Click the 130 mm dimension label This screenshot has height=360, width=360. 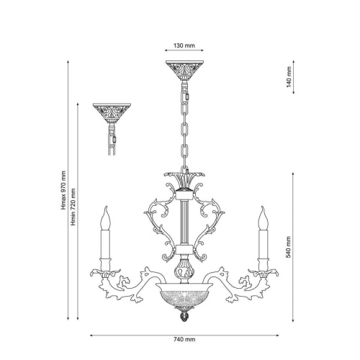[x=184, y=45]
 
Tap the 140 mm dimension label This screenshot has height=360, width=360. [x=289, y=77]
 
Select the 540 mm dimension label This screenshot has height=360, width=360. [x=289, y=247]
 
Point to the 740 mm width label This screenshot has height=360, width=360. [x=184, y=339]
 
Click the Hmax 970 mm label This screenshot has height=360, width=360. [x=63, y=190]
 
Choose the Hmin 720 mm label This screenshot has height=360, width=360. [x=73, y=207]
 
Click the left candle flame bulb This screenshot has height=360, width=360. [x=105, y=218]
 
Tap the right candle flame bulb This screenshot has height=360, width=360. [x=264, y=218]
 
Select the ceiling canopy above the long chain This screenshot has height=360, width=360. [x=184, y=71]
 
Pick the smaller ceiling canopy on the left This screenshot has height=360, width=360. [x=112, y=113]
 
